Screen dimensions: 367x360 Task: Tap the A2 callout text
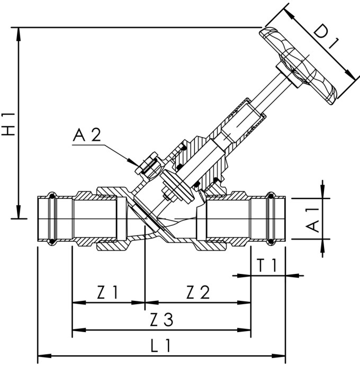86,135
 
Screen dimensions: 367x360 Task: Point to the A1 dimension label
313,218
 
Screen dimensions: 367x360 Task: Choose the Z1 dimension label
107,292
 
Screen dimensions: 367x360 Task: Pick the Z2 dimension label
198,292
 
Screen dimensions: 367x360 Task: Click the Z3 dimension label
161,319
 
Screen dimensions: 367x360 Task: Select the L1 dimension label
160,346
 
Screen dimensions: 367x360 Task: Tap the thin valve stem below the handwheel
270,95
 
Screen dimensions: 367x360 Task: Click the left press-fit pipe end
53,219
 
